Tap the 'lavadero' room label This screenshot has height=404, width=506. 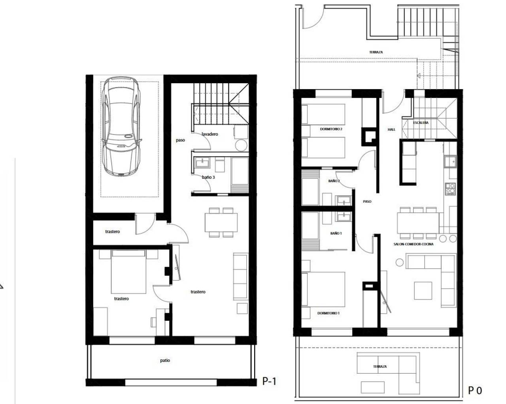tap(210, 134)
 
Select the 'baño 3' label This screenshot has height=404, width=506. tap(208, 178)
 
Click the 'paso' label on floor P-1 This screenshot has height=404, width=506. tap(180, 140)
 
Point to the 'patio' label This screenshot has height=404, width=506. tap(165, 360)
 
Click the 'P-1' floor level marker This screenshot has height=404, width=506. tap(269, 382)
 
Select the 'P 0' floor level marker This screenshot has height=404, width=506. tap(475, 391)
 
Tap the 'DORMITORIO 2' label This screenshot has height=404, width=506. tap(331, 129)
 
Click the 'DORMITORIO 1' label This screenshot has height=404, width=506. tap(328, 313)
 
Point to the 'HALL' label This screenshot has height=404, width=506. tap(391, 129)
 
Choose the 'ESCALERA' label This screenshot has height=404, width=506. tap(421, 123)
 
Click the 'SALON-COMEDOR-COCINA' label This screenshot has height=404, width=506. tap(413, 244)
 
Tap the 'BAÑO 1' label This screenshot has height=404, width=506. tap(336, 233)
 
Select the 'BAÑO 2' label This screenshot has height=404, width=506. tap(334, 181)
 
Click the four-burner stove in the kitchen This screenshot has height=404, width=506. tap(450, 189)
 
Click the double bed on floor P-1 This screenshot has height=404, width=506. tap(128, 272)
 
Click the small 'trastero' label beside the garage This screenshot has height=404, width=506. tap(112, 232)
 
